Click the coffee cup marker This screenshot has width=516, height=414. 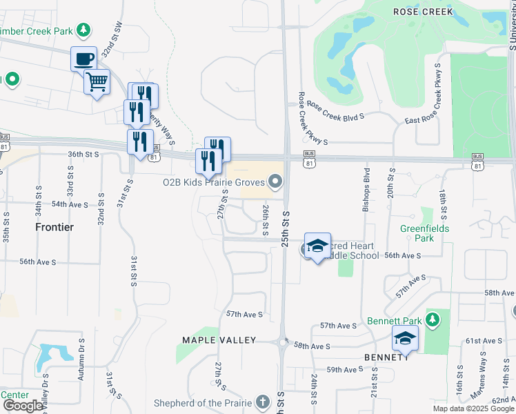(83, 59)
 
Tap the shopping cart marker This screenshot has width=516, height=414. (97, 82)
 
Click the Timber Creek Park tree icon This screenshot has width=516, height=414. (83, 30)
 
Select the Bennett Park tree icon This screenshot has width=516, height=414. (432, 319)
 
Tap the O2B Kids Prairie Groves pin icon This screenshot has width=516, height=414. (276, 182)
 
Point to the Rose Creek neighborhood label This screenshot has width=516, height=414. (423, 12)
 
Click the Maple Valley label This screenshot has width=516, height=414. (219, 340)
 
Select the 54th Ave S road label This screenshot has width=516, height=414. (70, 204)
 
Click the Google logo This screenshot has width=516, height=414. (23, 406)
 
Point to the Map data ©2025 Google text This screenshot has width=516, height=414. (473, 408)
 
